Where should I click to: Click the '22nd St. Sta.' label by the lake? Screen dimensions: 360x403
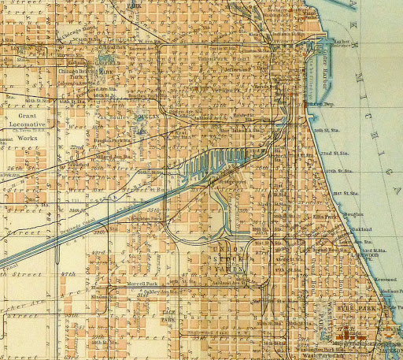(x=342, y=154)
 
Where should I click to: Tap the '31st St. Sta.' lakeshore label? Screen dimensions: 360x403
(x=344, y=195)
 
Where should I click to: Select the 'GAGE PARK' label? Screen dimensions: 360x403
(x=168, y=317)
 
